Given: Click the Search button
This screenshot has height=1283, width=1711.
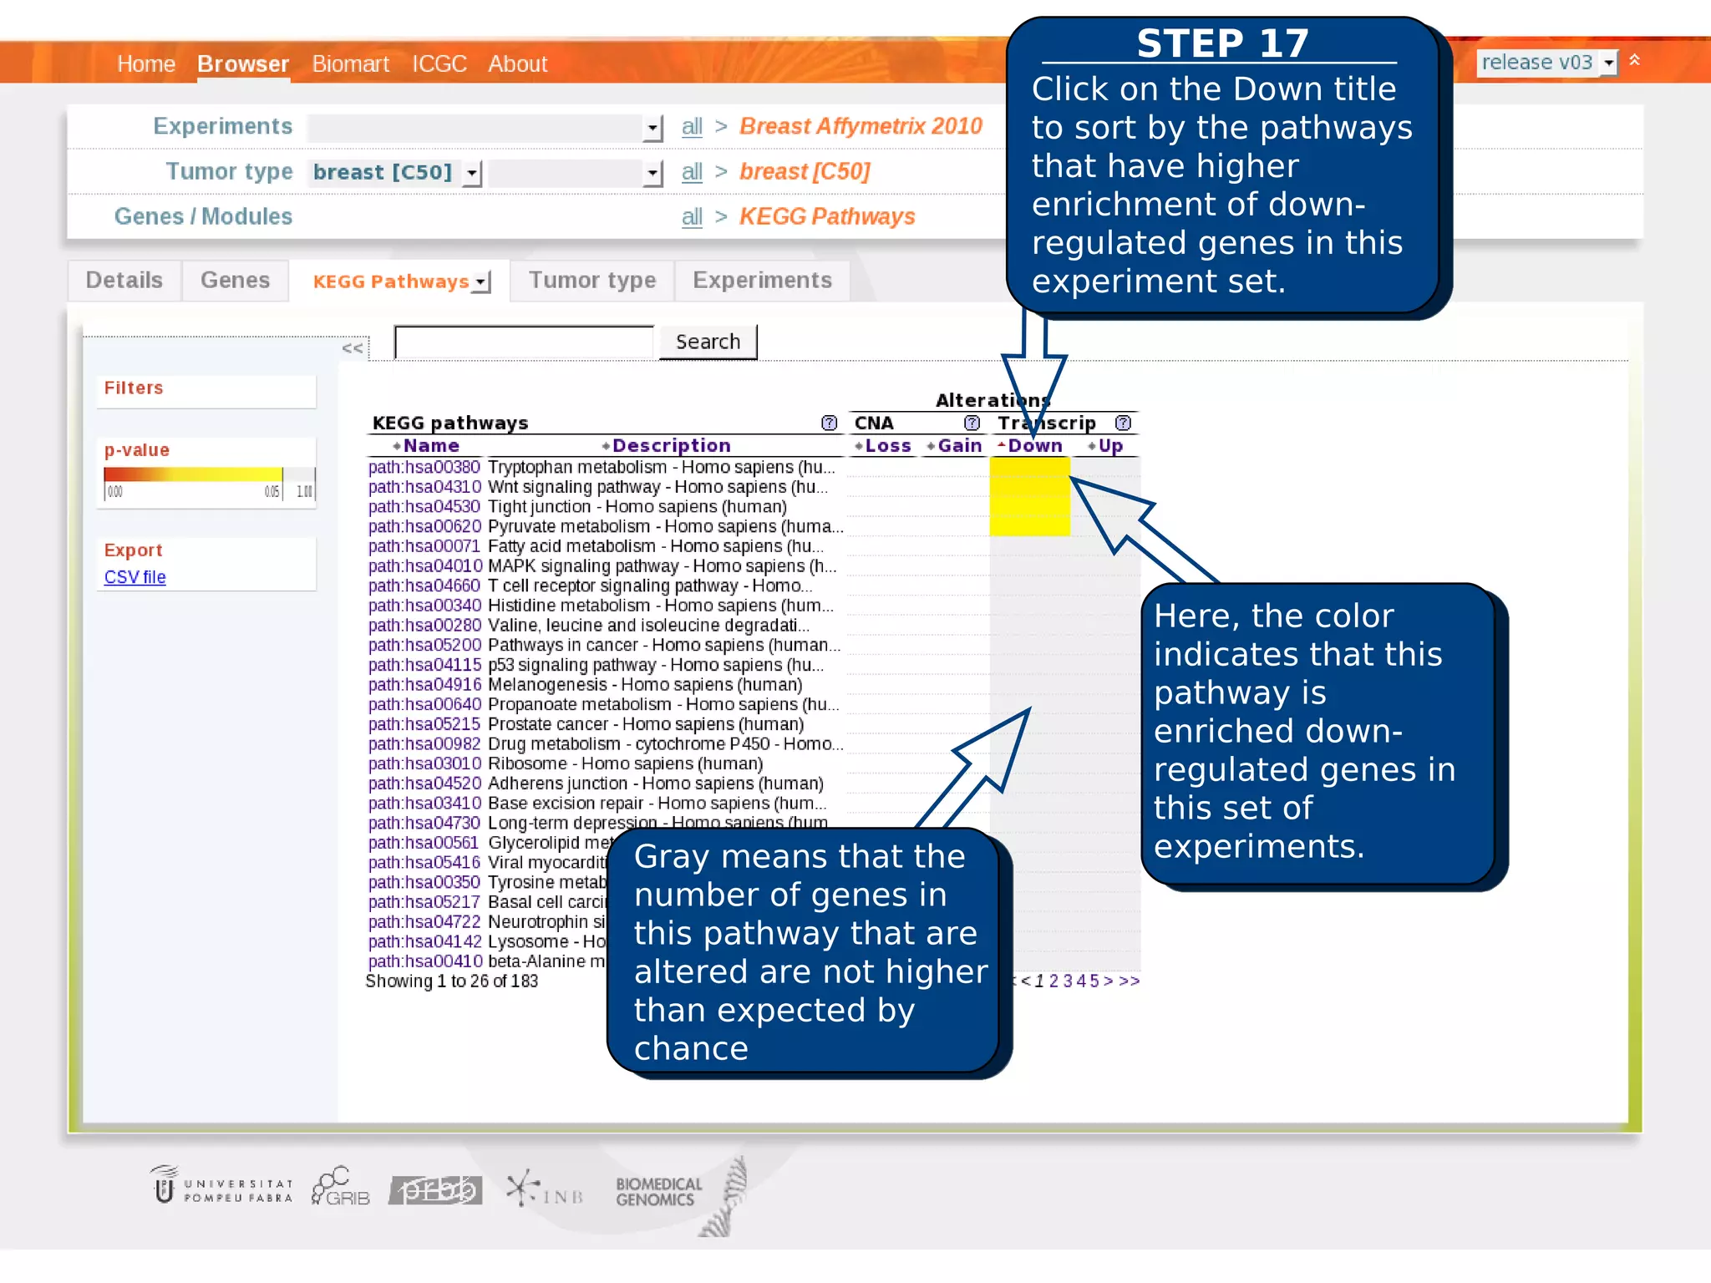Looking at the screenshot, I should click(x=708, y=342).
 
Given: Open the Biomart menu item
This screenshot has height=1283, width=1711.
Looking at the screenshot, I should click(x=350, y=64).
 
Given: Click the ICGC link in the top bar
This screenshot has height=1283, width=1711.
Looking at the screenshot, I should click(x=439, y=64).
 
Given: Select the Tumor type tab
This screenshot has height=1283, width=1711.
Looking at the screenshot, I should click(x=591, y=281).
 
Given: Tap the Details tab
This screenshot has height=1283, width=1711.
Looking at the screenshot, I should click(x=124, y=281).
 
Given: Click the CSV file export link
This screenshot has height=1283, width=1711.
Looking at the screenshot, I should click(x=135, y=577).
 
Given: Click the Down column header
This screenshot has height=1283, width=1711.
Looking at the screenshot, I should click(x=1034, y=446).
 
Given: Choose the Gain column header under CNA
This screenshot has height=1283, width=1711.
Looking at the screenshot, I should click(x=959, y=446).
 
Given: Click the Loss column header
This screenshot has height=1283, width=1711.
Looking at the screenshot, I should click(x=887, y=446).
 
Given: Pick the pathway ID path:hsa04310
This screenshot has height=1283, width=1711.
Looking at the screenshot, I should click(x=424, y=487).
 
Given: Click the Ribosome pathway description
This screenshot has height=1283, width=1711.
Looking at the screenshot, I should click(x=625, y=763).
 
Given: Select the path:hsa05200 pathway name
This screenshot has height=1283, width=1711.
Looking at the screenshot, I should click(x=424, y=645).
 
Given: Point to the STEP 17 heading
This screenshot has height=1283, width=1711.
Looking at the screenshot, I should click(x=1221, y=43).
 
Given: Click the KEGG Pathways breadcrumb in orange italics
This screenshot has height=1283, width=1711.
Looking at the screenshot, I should click(x=827, y=217).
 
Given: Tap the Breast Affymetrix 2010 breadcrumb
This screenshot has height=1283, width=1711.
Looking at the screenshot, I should click(x=861, y=127).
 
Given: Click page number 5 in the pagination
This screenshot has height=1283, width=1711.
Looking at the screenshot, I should click(x=1094, y=981).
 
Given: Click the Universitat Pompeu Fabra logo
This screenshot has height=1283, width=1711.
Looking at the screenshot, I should click(x=222, y=1186).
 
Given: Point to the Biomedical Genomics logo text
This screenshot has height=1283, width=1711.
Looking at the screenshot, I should click(x=658, y=1192).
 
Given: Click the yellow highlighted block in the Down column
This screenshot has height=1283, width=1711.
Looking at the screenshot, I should click(x=1029, y=496).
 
